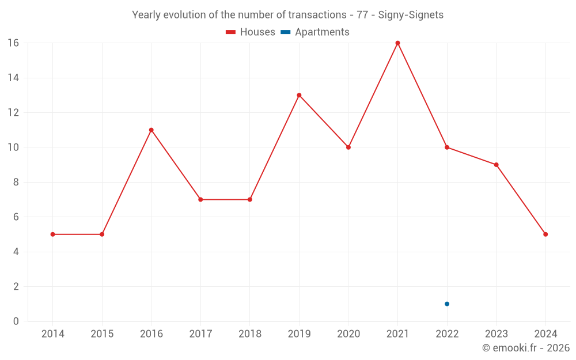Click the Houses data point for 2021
[x=397, y=43]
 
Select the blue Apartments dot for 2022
[x=447, y=304]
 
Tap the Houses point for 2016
[x=151, y=130]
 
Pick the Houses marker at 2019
[x=299, y=95]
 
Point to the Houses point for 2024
[x=545, y=234]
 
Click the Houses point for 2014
[x=52, y=234]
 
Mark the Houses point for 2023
[x=496, y=165]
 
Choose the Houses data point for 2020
[x=348, y=147]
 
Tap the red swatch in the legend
[x=231, y=32]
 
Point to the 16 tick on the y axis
[x=13, y=43]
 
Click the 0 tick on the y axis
[x=16, y=321]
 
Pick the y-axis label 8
[x=16, y=182]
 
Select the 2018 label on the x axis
[x=250, y=334]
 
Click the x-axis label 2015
[x=102, y=334]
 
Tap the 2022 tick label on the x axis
[x=447, y=334]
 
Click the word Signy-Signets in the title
[x=411, y=15]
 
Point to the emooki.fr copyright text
[x=526, y=348]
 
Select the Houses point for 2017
[x=200, y=199]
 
